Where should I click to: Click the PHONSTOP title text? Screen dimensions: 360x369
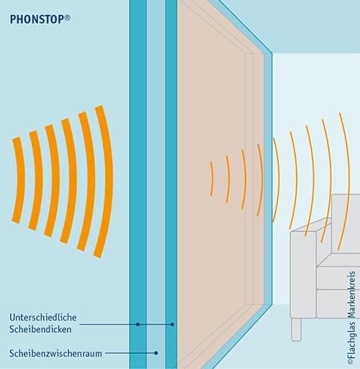37,19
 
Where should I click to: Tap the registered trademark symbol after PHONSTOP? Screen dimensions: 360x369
68,18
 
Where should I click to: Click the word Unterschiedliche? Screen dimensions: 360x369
43,317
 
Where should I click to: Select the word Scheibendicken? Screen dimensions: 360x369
40,329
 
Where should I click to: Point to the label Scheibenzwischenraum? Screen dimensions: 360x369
55,353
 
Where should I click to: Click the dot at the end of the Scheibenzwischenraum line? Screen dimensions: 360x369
156,353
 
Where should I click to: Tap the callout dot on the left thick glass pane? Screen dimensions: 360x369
138,324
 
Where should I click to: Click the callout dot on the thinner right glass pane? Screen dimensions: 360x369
172,324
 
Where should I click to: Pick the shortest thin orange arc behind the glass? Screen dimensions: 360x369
212,179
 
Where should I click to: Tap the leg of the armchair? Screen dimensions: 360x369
297,329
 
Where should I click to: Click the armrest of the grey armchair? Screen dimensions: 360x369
303,274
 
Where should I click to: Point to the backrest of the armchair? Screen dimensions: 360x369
346,223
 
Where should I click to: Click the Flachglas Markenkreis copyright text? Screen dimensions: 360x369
351,318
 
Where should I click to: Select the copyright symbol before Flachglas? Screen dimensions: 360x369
351,362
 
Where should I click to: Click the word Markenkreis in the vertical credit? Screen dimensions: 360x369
351,294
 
